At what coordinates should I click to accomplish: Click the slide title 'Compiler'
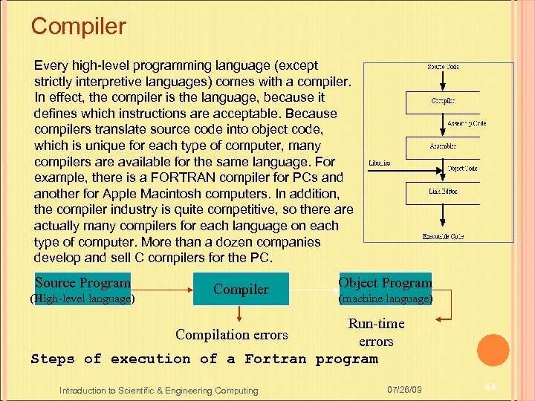coord(79,27)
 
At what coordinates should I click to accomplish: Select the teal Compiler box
coord(241,289)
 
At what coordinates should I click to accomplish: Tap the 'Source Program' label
coord(82,282)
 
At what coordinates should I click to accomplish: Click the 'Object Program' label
coord(385,282)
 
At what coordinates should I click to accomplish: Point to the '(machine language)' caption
coord(385,299)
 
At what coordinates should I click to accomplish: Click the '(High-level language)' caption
coord(82,299)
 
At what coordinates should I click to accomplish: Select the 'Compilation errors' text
coord(231,335)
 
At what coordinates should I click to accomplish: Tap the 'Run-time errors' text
coord(376,332)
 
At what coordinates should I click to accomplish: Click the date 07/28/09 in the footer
coord(404,390)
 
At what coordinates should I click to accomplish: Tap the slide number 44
coord(490,388)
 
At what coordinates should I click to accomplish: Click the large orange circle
coord(493,350)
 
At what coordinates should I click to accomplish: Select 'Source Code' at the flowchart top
coord(443,67)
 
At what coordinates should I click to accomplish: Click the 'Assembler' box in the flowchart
coord(443,146)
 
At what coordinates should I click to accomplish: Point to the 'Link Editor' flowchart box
coord(443,192)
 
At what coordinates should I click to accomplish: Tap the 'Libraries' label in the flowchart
coord(380,163)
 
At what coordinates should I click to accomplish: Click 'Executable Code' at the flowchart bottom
coord(443,236)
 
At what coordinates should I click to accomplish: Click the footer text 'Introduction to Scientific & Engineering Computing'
coord(159,391)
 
